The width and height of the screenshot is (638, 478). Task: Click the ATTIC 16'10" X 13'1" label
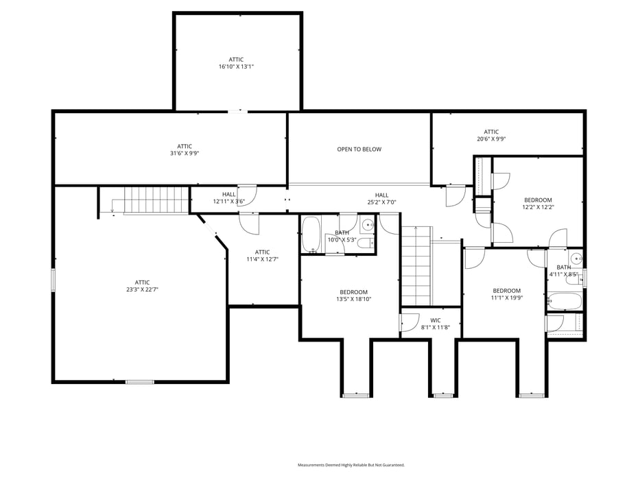point(236,63)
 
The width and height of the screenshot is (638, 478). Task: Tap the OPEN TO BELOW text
point(359,150)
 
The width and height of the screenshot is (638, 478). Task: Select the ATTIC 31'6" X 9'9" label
point(185,150)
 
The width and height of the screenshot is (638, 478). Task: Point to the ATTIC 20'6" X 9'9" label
point(491,135)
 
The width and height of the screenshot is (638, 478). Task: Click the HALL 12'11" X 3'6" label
point(228,198)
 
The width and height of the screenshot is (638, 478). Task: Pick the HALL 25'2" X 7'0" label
point(381,198)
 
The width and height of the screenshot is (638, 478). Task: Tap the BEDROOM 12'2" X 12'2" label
point(538,204)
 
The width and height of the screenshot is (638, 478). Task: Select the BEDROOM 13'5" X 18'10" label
point(353,296)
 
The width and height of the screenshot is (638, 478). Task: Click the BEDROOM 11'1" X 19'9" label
point(506,294)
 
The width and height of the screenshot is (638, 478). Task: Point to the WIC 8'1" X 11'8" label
point(436,324)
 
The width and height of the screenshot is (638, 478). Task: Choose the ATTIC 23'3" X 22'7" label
point(143,286)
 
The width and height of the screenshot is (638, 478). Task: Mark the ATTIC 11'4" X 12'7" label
point(263,256)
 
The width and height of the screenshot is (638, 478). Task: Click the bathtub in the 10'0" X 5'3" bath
point(311,235)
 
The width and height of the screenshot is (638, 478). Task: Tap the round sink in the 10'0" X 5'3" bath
point(368,224)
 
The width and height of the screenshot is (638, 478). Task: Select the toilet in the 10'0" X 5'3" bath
point(366,243)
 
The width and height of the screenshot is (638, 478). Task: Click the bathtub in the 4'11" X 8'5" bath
point(565,301)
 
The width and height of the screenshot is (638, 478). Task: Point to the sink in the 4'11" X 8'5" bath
point(576,259)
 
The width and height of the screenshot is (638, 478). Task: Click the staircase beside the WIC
point(416,266)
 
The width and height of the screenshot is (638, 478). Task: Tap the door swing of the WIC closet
point(410,322)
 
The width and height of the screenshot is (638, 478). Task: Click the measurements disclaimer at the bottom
point(351,464)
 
